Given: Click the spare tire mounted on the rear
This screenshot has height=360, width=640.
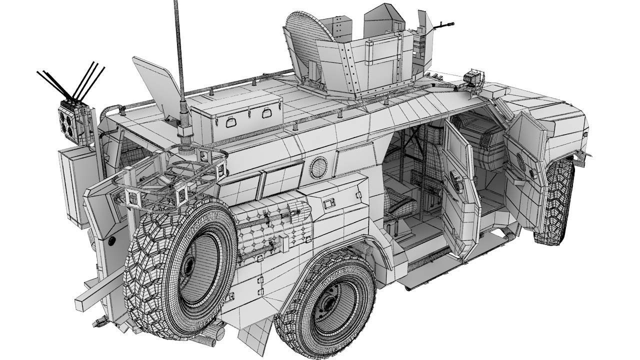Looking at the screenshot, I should [x=180, y=265].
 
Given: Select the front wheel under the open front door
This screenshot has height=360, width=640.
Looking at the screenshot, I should [x=555, y=200].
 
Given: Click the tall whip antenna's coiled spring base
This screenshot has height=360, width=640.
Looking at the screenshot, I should [x=183, y=122].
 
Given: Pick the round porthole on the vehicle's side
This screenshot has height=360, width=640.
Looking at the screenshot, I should [x=318, y=167].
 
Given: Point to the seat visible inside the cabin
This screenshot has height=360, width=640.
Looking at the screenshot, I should [x=400, y=205].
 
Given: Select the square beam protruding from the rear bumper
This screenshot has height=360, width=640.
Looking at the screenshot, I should [x=97, y=292].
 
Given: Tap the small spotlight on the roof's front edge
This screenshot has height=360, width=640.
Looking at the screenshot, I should [x=474, y=78].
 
